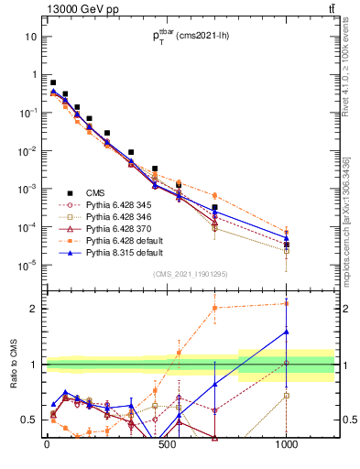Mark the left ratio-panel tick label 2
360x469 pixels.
click(35, 309)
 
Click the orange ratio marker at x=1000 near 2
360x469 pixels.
click(287, 303)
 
